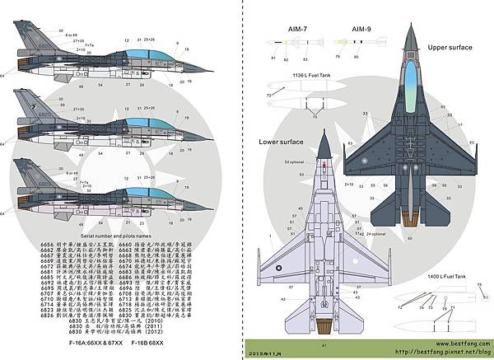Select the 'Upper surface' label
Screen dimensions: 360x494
tap(450, 48)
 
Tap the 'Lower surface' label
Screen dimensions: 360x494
tap(282, 141)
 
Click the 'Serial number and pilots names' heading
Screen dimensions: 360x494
tap(86, 237)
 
